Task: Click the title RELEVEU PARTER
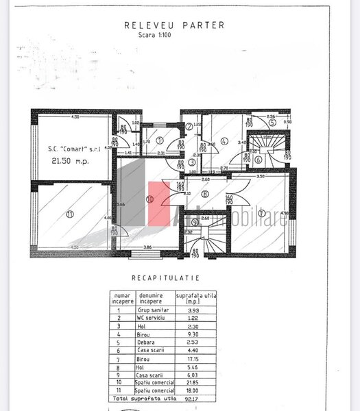173,25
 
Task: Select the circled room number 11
69,214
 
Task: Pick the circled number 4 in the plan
224,142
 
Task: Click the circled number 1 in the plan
160,140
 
